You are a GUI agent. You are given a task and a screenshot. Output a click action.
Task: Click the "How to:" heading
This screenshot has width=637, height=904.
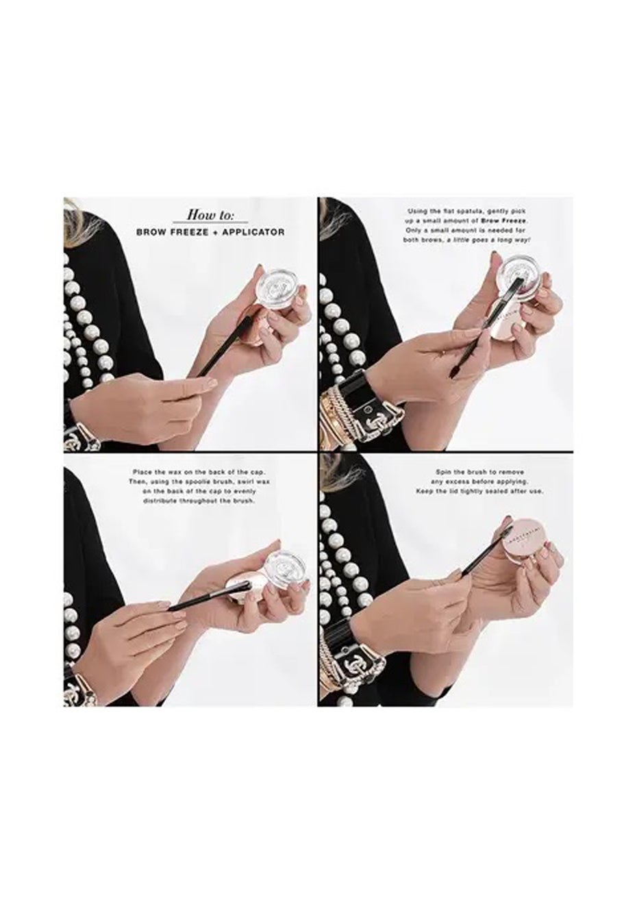[210, 214]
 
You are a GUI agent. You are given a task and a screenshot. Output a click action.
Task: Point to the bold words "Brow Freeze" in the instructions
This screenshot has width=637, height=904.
[510, 221]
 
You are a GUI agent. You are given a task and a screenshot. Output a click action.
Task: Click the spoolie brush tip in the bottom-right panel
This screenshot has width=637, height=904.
[508, 525]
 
